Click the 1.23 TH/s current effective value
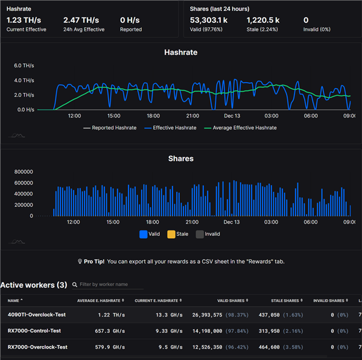(24, 20)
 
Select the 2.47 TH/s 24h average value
(81, 20)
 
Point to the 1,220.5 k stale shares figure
(263, 20)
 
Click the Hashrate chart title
(180, 52)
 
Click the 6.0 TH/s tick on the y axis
(24, 65)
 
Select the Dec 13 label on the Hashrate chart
(232, 116)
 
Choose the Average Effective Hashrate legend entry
(241, 128)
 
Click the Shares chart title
(180, 159)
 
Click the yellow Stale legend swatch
(171, 234)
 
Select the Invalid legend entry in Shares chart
(208, 234)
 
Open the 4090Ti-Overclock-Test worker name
(36, 314)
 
